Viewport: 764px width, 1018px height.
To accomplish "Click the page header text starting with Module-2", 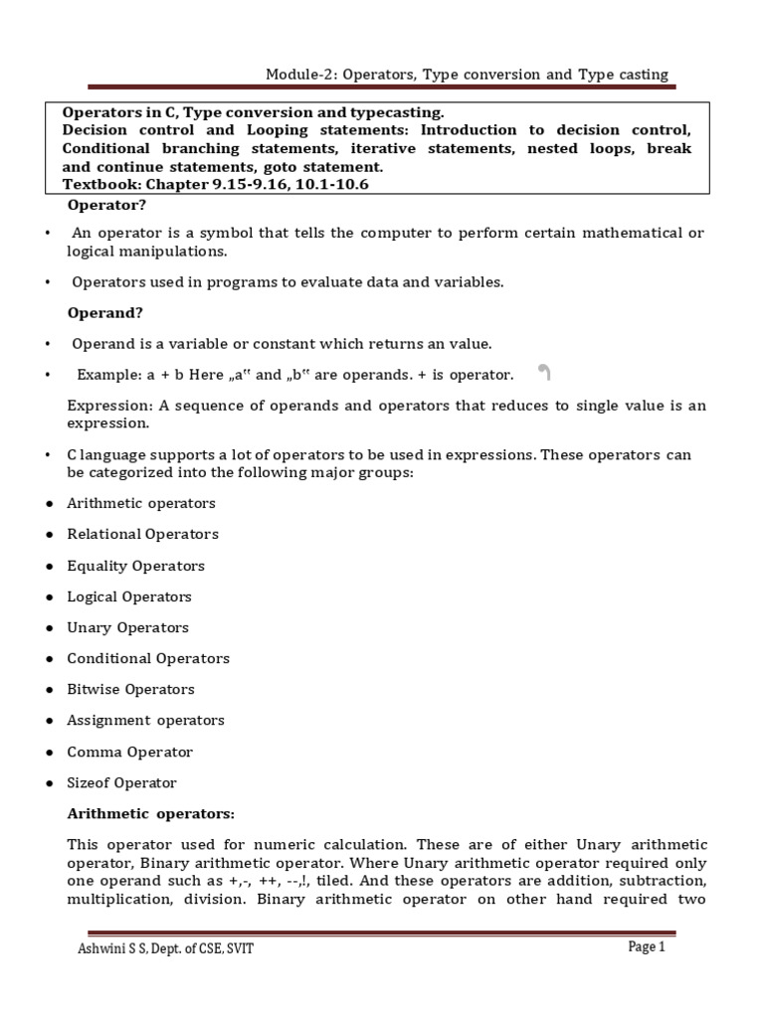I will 467,76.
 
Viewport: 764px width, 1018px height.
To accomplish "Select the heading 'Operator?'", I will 106,206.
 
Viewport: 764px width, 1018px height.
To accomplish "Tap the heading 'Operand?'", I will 105,313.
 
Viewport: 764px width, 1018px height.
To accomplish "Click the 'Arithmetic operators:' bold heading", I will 150,814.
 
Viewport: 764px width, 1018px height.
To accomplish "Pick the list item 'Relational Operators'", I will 142,535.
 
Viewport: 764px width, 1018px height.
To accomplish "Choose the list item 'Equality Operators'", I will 135,567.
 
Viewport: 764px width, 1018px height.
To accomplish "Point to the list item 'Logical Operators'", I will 129,597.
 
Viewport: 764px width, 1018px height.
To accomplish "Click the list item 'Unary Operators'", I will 127,628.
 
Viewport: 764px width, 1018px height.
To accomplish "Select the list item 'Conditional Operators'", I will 147,659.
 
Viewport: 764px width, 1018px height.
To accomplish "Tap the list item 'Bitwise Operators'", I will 130,690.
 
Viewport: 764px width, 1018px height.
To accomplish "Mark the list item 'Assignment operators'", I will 145,721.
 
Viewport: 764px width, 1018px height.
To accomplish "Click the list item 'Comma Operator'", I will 129,753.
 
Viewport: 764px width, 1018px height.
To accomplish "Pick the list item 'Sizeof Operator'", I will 121,783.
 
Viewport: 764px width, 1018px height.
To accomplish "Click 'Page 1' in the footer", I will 646,947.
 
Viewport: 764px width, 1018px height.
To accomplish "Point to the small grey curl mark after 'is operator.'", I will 544,374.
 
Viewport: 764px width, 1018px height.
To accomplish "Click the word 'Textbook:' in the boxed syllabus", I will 99,185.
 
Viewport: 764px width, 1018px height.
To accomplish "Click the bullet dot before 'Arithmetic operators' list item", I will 49,504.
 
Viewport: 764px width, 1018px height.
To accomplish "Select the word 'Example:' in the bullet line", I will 106,375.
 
